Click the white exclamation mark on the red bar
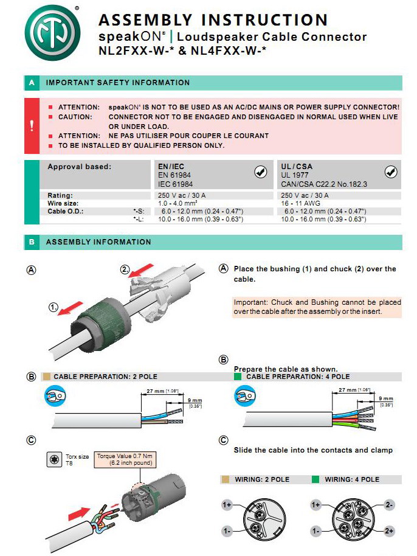(32, 125)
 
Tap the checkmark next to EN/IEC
(260, 172)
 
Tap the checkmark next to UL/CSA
(391, 172)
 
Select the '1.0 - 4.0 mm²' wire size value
(177, 203)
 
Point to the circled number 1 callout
(54, 308)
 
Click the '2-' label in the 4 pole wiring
(390, 506)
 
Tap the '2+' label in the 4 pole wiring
(390, 531)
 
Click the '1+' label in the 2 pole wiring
(227, 506)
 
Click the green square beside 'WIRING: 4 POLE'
(315, 479)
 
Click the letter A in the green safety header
(32, 83)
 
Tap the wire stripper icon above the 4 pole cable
(244, 397)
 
